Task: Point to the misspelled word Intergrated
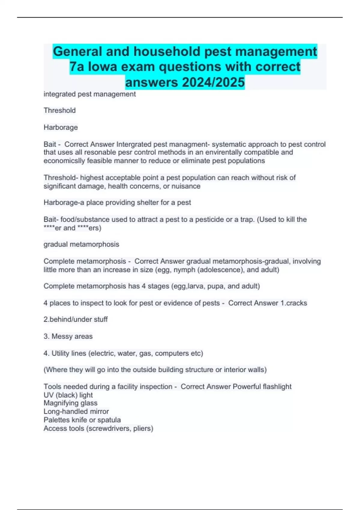click(x=134, y=144)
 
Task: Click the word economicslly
click(x=64, y=161)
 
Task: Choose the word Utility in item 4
click(x=60, y=353)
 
